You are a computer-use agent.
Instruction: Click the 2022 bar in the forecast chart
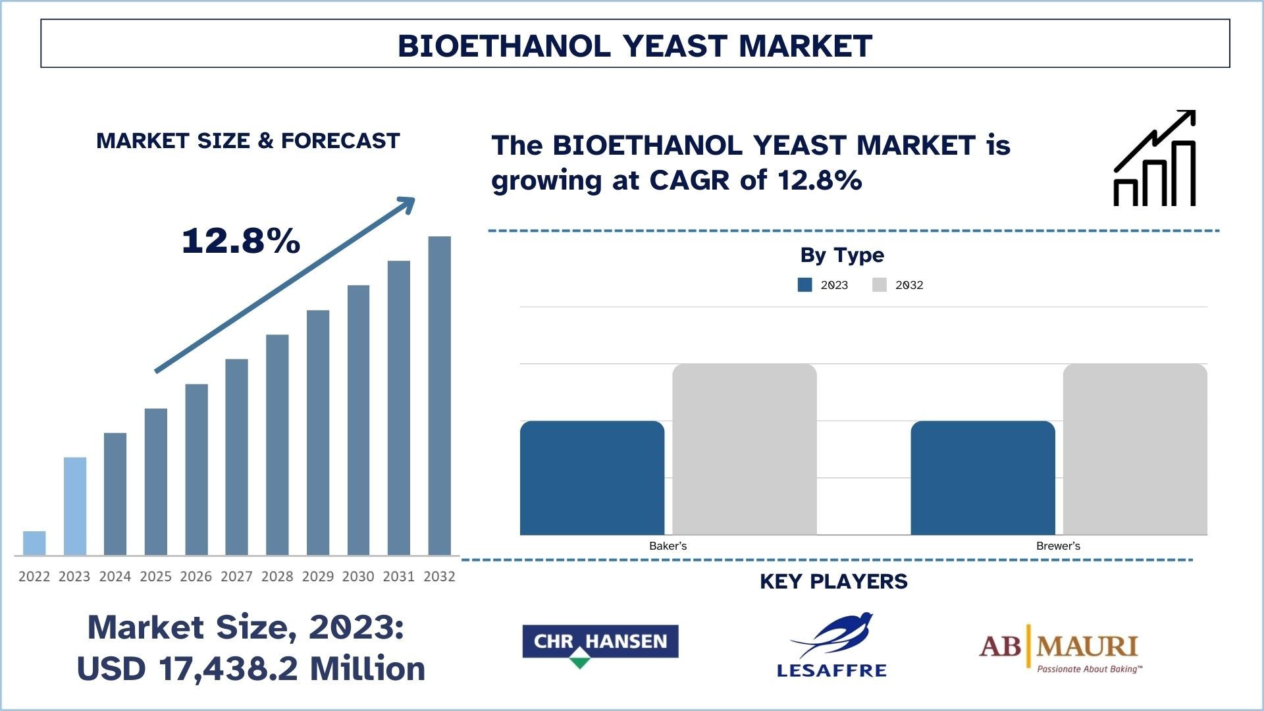(34, 543)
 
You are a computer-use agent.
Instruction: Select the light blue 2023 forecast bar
(75, 506)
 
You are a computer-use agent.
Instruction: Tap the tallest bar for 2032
(440, 396)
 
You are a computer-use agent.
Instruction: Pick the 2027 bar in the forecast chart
(236, 457)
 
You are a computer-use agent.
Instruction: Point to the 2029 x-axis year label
(318, 577)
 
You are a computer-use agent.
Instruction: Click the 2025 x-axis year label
(155, 577)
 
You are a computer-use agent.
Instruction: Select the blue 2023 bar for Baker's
(592, 478)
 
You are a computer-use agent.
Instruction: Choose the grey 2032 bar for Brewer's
(1135, 450)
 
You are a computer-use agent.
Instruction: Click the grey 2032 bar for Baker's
(745, 450)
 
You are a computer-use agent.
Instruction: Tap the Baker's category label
(668, 546)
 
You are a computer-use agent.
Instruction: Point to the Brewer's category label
(1058, 546)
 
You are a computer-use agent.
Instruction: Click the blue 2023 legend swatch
(804, 284)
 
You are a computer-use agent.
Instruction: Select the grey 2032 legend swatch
(880, 284)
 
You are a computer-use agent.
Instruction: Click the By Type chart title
(842, 255)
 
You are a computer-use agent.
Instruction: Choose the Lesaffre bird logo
(832, 645)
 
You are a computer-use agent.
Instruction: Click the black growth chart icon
(1155, 158)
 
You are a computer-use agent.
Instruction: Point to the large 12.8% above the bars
(241, 240)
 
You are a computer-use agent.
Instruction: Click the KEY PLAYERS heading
(833, 581)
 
